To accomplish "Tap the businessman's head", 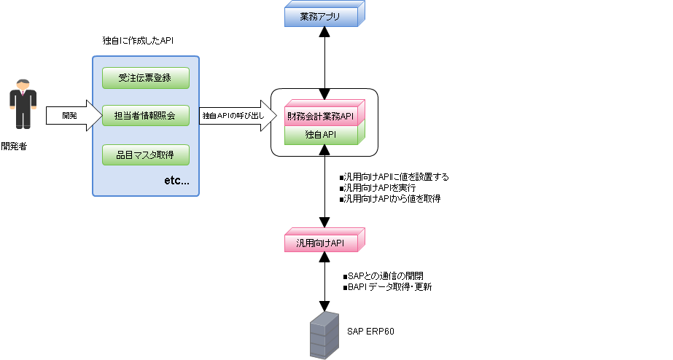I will pos(23,84).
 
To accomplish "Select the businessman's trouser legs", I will pos(23,120).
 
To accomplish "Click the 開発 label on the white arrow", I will pos(69,116).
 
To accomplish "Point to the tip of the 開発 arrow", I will pos(102,116).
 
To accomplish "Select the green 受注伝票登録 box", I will pos(145,77).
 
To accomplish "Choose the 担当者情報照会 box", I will pos(145,116).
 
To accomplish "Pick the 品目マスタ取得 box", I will pos(145,154).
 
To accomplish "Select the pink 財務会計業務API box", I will pos(321,117).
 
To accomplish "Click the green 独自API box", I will pos(321,135).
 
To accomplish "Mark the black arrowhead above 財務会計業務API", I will pos(324,95).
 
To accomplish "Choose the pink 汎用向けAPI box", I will pos(321,243).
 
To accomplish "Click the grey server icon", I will pos(324,336).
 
